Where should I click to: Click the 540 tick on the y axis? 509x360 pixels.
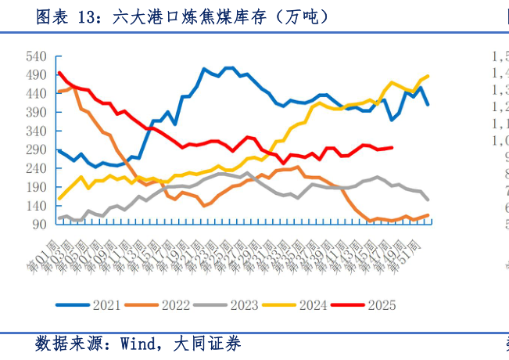point(37,56)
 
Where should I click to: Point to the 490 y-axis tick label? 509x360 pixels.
point(37,75)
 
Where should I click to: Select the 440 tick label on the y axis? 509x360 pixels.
point(37,94)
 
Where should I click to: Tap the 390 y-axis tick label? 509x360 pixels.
point(37,113)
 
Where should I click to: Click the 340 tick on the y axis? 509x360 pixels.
point(37,131)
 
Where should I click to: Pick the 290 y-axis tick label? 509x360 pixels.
point(37,149)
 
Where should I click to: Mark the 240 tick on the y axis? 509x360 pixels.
point(37,168)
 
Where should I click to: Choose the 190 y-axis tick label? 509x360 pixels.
point(37,187)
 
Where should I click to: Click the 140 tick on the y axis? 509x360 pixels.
point(37,206)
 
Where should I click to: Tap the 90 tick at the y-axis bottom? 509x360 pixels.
point(40,225)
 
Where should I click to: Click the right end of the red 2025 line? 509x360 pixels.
point(392,147)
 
